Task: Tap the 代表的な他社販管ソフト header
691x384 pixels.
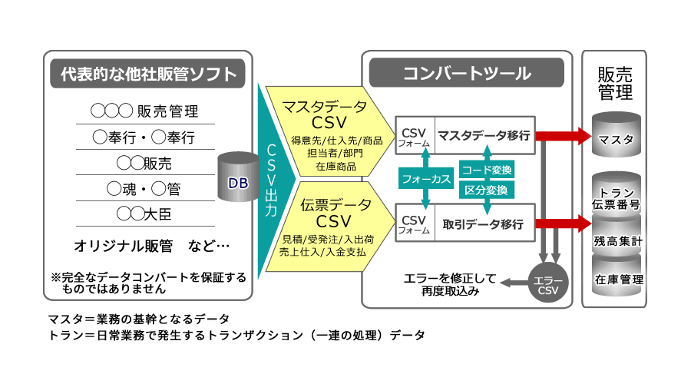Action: pyautogui.click(x=148, y=74)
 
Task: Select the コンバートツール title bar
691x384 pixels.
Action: pyautogui.click(x=467, y=74)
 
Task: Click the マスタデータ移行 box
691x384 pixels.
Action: pyautogui.click(x=484, y=136)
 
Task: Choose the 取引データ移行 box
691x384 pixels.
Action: pyautogui.click(x=484, y=224)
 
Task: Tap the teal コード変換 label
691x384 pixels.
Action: pyautogui.click(x=486, y=170)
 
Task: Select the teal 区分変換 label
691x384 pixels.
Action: pyautogui.click(x=486, y=189)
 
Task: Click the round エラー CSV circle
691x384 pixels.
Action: pyautogui.click(x=548, y=285)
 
